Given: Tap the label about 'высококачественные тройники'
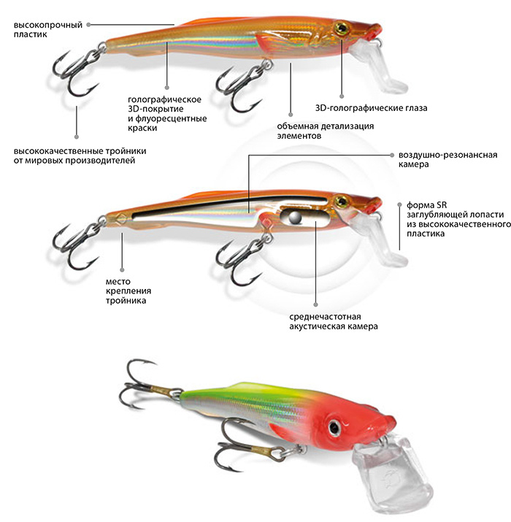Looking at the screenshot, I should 80,155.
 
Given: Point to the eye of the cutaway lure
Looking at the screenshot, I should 341,199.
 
